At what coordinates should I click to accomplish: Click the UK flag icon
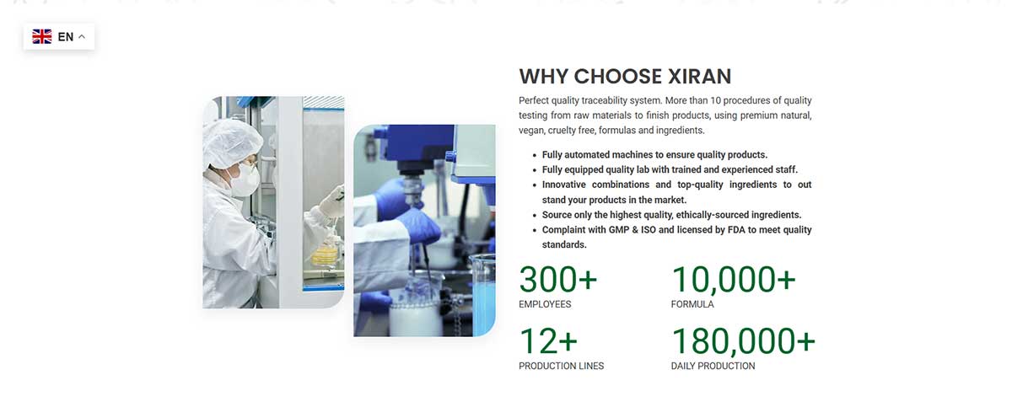point(42,36)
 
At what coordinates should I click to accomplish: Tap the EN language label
point(66,37)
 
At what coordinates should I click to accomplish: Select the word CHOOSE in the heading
point(611,77)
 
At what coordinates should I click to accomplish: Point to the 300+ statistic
point(557,279)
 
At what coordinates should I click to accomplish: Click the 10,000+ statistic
point(733,279)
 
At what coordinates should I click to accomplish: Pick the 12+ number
point(547,341)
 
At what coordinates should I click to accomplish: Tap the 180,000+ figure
point(743,341)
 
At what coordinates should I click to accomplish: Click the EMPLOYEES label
point(545,304)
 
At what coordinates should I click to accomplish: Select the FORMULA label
point(692,304)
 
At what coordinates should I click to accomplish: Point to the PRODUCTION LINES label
point(561,366)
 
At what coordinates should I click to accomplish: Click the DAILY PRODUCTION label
point(713,366)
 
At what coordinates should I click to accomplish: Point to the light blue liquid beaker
point(483,295)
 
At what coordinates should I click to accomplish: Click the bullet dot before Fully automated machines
point(535,155)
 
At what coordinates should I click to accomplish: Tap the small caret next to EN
point(82,37)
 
